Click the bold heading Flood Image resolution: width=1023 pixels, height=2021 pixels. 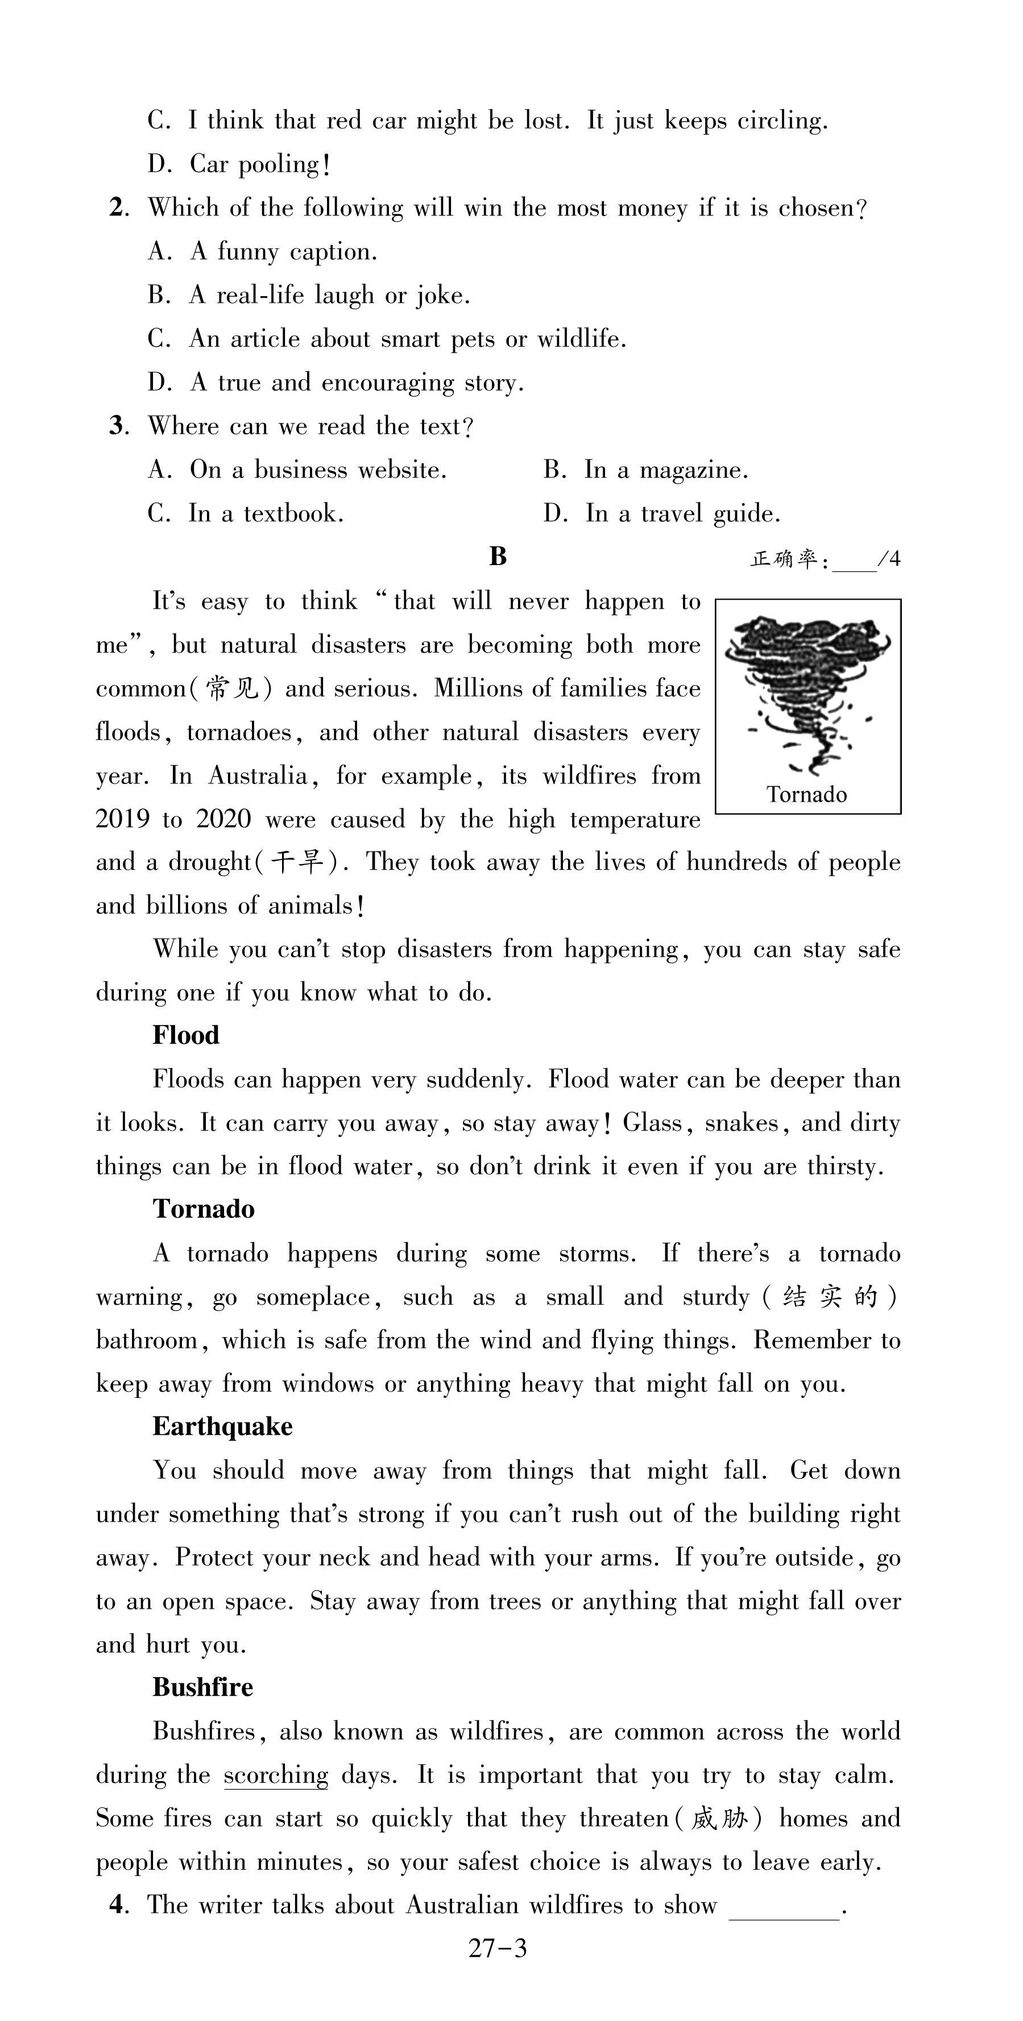coord(186,1036)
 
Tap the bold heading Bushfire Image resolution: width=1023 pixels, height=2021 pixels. coord(202,1687)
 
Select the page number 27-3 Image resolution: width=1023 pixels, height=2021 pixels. coord(498,1949)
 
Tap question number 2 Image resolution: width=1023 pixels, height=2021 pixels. coord(118,208)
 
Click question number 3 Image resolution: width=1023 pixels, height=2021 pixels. coord(118,426)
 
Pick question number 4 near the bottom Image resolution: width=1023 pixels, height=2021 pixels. coord(118,1905)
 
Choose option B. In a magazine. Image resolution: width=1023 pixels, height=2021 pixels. coord(645,470)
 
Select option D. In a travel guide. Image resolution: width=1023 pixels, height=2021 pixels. coord(661,514)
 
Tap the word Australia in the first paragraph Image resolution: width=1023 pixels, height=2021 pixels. coord(258,776)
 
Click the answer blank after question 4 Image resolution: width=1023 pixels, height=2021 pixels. coord(784,1908)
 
